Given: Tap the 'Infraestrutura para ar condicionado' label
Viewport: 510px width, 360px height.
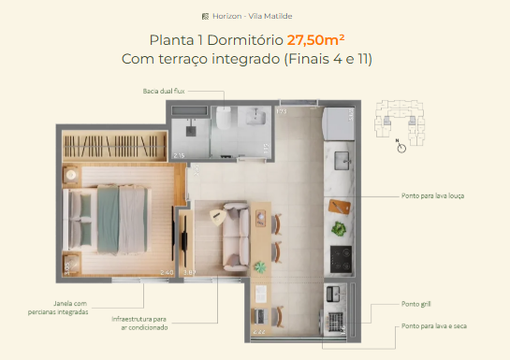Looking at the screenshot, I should [x=138, y=324].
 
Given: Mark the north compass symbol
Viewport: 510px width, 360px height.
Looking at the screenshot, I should [x=401, y=146].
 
